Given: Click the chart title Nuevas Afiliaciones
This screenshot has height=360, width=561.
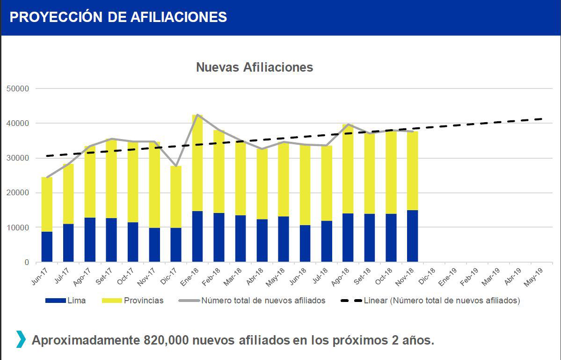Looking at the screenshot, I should click(x=254, y=67).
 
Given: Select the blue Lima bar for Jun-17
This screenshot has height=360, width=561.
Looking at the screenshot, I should click(x=47, y=247).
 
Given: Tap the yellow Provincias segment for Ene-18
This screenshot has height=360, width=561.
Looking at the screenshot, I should click(x=197, y=163).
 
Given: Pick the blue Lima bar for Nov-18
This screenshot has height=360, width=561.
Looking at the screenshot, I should click(x=412, y=236).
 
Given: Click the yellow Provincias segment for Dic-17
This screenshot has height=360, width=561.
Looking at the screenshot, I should click(x=176, y=197).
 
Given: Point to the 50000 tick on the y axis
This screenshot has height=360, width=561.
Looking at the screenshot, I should click(x=18, y=88).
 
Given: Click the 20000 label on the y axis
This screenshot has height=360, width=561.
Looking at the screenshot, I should click(x=18, y=193).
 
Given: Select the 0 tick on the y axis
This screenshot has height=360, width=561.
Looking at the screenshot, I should click(x=26, y=262).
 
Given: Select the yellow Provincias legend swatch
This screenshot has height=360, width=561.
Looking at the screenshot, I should click(x=111, y=301).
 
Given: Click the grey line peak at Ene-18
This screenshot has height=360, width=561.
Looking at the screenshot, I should click(x=197, y=115).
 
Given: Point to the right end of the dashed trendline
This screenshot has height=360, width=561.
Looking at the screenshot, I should click(x=542, y=119).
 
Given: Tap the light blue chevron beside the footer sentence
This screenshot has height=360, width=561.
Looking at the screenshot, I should click(x=21, y=339).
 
